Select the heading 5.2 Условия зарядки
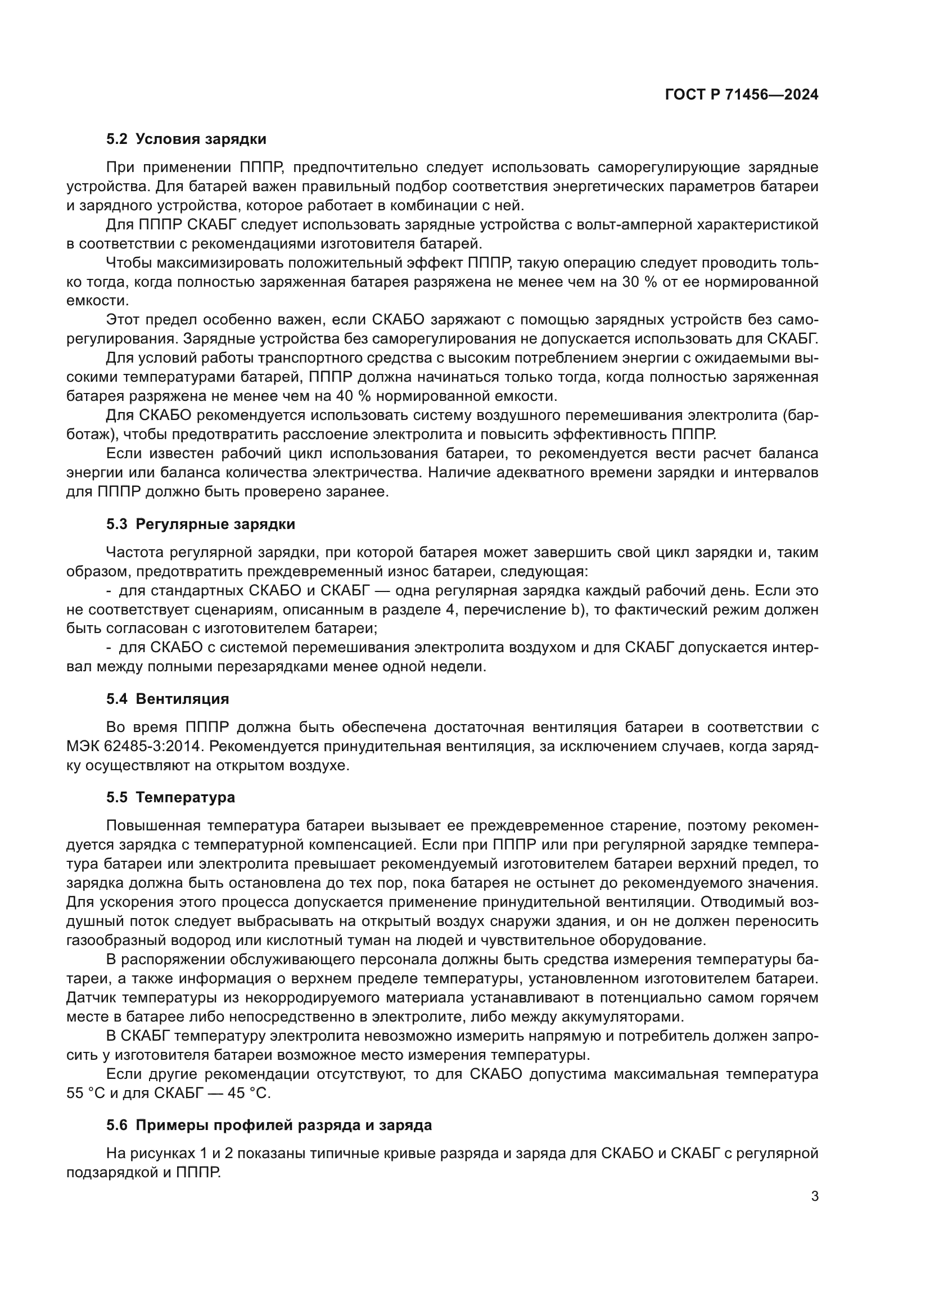pos(186,139)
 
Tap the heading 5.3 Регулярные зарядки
pos(201,524)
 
